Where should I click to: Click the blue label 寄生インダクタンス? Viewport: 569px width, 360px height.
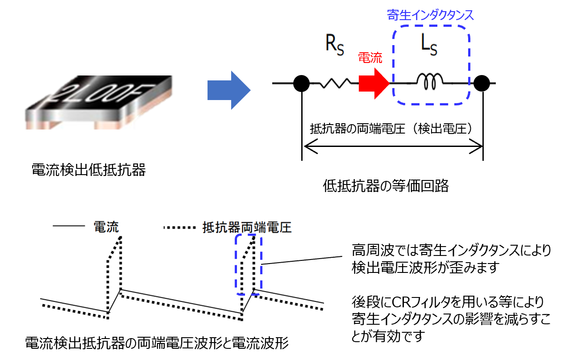(430, 15)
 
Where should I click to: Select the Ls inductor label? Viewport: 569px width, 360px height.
(429, 46)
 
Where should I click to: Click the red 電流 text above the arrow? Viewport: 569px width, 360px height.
(370, 59)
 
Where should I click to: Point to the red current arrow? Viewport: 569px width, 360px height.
(374, 83)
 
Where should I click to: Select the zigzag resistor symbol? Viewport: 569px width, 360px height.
(332, 83)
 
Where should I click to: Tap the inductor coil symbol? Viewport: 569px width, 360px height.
(429, 81)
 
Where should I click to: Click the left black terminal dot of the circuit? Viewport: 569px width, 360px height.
(302, 83)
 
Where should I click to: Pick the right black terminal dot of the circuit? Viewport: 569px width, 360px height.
(482, 83)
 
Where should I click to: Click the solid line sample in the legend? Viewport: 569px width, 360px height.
(69, 227)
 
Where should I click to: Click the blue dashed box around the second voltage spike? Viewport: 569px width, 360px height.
(249, 264)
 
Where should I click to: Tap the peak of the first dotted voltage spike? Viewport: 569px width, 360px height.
(120, 238)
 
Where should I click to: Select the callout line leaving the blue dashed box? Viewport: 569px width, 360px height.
(292, 261)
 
